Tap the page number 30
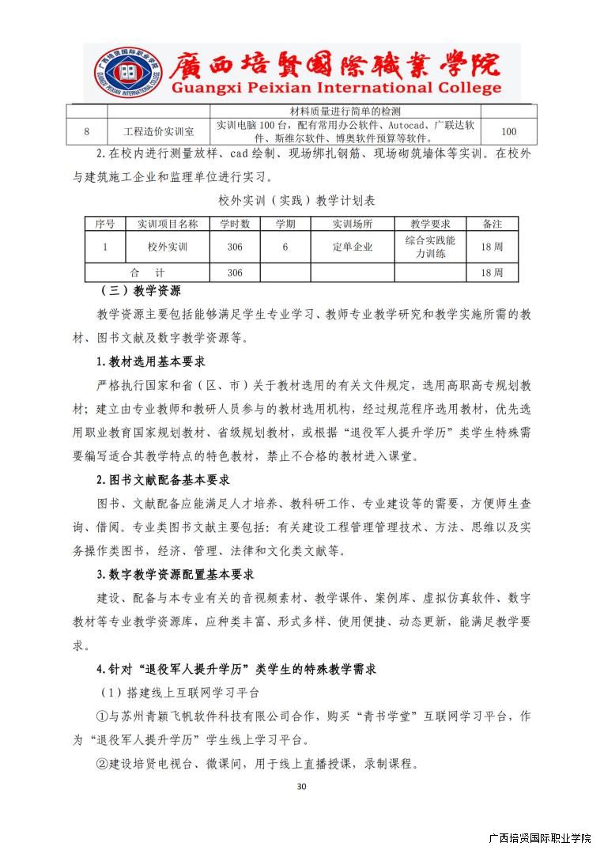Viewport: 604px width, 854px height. point(301,786)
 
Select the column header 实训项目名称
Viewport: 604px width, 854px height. point(168,224)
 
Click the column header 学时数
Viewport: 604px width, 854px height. point(235,224)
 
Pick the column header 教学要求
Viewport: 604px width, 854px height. point(430,224)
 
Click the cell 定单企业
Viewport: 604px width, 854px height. point(353,247)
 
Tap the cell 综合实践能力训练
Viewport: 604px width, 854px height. point(430,247)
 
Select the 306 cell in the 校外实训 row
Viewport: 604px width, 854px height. point(235,247)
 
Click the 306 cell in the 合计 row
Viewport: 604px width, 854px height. point(235,273)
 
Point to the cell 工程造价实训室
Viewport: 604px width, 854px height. point(160,132)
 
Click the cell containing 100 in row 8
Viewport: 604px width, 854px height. point(509,132)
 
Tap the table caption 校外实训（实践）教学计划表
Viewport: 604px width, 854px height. point(301,202)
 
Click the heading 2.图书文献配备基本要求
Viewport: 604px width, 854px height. point(164,480)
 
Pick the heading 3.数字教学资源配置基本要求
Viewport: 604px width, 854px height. point(176,574)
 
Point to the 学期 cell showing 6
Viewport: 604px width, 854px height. point(285,247)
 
